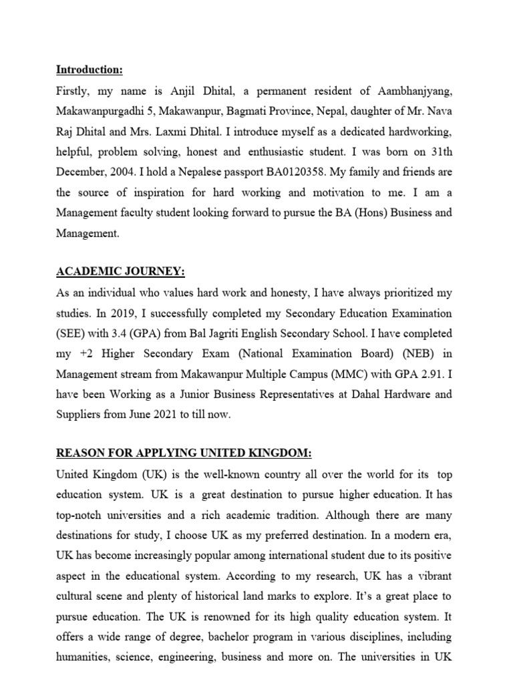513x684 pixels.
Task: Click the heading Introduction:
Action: tap(90, 70)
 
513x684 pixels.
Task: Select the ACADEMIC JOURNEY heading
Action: tap(120, 271)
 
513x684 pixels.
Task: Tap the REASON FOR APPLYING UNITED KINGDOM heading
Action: tap(184, 454)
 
